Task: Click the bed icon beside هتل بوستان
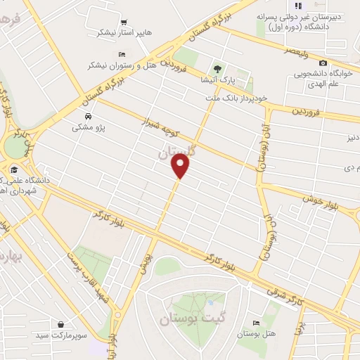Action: coord(255,323)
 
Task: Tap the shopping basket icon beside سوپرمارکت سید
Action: coord(63,325)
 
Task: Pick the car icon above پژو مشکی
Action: coord(87,117)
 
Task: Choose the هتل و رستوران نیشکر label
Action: coord(119,65)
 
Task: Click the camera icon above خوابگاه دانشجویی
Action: coord(323,63)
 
